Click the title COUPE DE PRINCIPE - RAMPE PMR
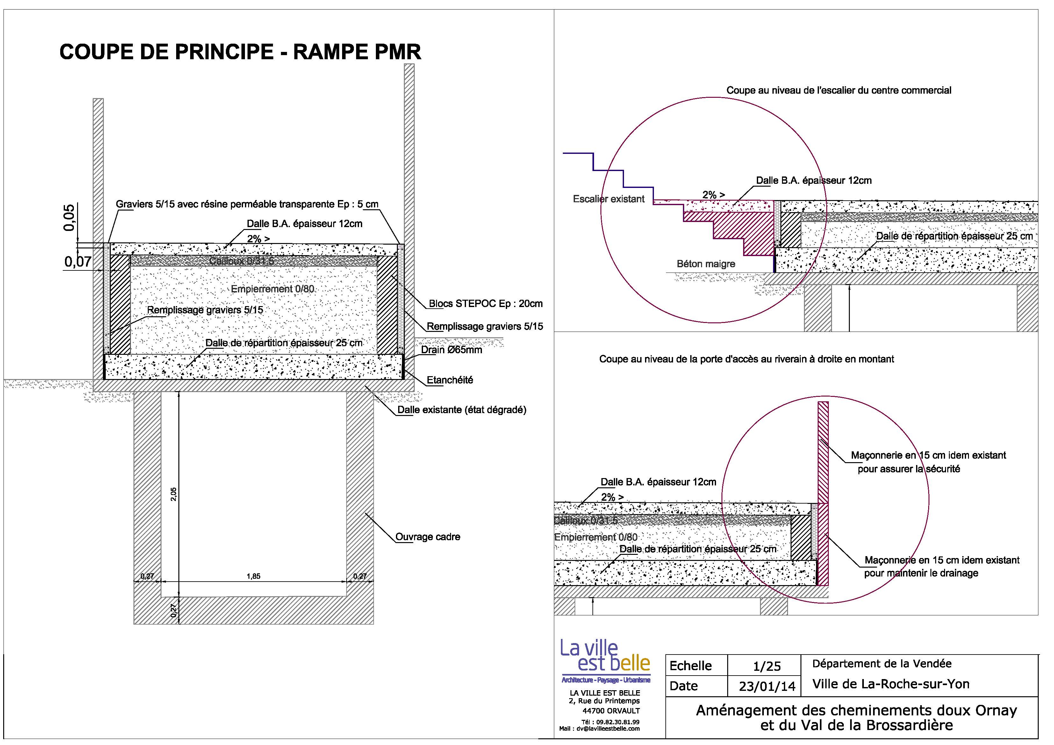click(x=240, y=52)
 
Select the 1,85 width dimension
click(x=254, y=576)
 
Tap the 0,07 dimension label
click(x=78, y=262)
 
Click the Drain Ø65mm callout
click(x=452, y=350)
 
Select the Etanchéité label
click(x=449, y=380)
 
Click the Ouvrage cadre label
click(x=427, y=537)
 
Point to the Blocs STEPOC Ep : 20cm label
click(x=486, y=304)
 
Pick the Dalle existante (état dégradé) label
click(x=461, y=410)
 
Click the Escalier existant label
click(x=609, y=199)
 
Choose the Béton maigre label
click(x=706, y=264)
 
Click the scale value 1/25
click(x=767, y=666)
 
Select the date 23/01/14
click(x=767, y=686)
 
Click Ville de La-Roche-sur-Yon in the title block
click(x=891, y=684)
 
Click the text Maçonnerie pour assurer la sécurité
click(x=928, y=462)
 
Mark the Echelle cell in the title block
click(x=691, y=666)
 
